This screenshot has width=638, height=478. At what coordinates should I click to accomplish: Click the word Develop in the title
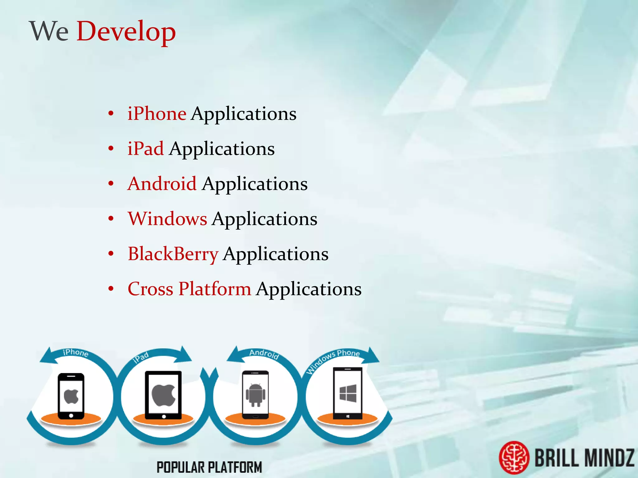126,31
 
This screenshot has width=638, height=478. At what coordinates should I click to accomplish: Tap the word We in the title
49,31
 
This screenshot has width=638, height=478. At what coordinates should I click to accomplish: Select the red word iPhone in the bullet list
157,114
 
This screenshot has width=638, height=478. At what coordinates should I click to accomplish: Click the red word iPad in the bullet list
145,148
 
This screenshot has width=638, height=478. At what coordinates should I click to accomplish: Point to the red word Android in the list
162,184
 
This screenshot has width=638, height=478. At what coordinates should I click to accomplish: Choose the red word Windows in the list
167,218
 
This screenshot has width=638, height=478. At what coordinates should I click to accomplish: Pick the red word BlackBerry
173,254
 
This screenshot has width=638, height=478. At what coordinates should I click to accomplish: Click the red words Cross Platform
189,289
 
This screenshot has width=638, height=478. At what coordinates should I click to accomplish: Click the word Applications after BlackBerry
276,254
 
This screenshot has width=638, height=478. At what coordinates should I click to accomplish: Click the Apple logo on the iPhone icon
71,396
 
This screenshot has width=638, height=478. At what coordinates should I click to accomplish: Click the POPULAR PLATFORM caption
209,467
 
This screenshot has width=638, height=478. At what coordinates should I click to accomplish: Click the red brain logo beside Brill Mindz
514,457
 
